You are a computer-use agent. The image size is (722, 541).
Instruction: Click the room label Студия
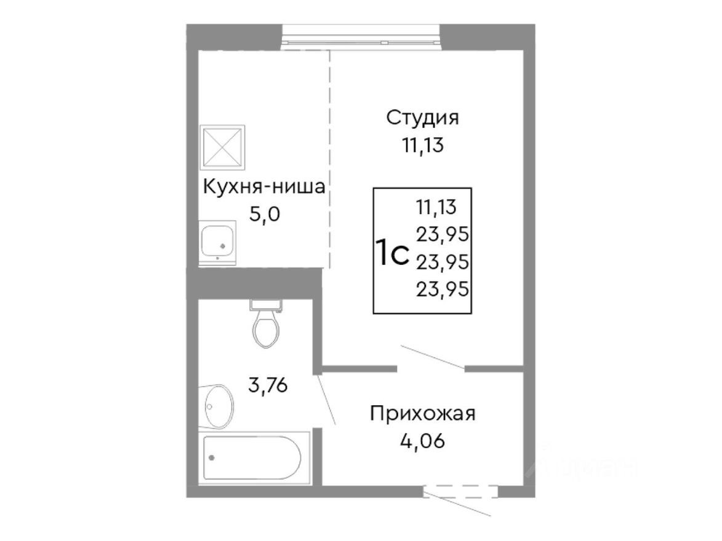423,118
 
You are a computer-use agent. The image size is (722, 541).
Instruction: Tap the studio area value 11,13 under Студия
423,146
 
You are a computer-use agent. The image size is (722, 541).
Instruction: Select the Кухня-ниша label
263,187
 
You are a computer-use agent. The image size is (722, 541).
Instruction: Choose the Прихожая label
423,414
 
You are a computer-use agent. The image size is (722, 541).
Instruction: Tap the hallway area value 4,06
423,441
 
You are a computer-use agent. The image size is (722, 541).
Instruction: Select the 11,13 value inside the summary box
436,208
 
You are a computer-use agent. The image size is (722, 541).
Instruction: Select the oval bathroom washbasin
218,406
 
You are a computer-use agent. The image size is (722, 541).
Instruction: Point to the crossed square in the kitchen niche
222,147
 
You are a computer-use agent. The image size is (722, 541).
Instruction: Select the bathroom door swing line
326,400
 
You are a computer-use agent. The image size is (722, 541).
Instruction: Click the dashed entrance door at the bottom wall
460,492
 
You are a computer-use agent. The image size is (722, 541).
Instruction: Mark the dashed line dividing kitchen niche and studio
330,160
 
